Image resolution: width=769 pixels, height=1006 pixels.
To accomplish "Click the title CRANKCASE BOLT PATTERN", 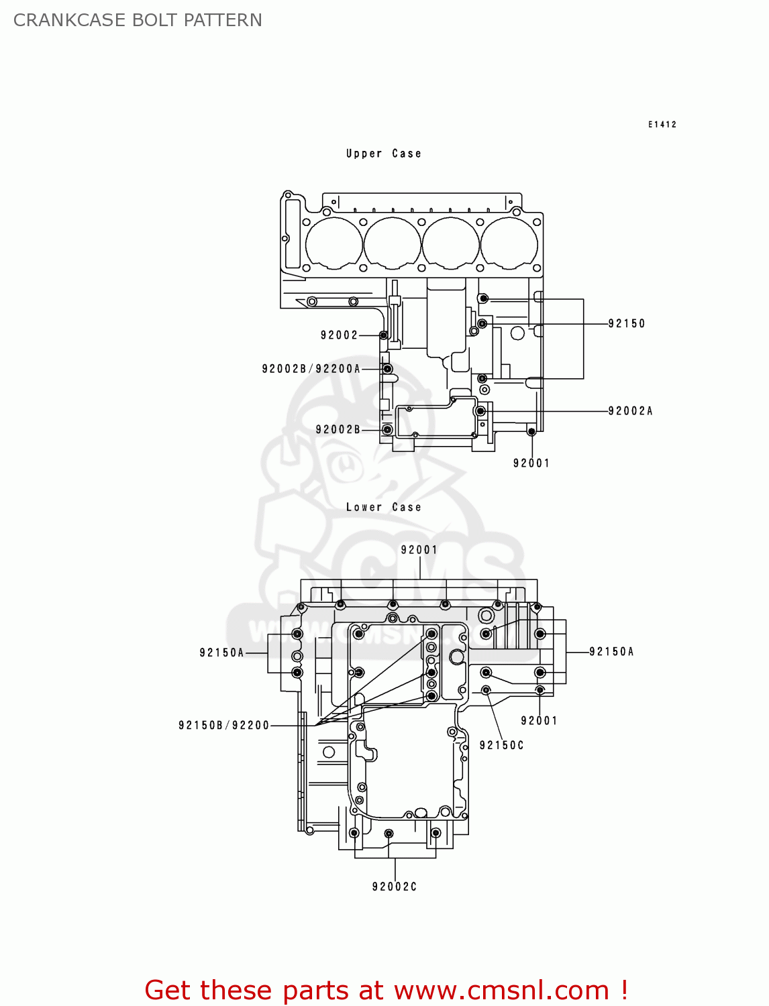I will (138, 20).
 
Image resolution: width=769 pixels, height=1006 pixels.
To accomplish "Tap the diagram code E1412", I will (662, 124).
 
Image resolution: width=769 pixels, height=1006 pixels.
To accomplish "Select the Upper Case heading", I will (383, 154).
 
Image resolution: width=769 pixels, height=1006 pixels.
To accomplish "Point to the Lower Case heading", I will (383, 508).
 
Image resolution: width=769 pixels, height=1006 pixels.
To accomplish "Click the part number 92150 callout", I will (627, 324).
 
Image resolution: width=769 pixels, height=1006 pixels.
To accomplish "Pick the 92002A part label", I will (630, 411).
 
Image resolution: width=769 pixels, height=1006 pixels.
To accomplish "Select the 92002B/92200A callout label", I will (311, 369).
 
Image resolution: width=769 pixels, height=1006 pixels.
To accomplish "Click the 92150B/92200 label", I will (223, 726).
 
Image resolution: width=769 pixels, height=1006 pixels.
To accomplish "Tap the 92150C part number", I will (501, 745).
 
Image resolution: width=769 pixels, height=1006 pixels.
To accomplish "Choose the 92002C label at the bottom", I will (395, 887).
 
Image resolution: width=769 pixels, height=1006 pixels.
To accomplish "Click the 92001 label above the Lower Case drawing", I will (419, 550).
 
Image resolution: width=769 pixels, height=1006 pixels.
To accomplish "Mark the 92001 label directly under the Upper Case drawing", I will (531, 463).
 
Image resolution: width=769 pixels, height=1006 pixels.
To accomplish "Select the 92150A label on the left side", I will (221, 653).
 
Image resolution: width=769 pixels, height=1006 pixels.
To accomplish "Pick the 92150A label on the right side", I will (611, 652).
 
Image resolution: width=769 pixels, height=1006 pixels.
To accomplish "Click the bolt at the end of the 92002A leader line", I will (480, 411).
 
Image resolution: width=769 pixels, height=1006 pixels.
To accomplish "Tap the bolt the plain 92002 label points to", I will (383, 335).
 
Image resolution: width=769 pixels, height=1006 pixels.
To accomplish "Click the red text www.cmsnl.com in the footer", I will (501, 990).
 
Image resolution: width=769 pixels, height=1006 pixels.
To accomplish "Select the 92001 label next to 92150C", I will (539, 721).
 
